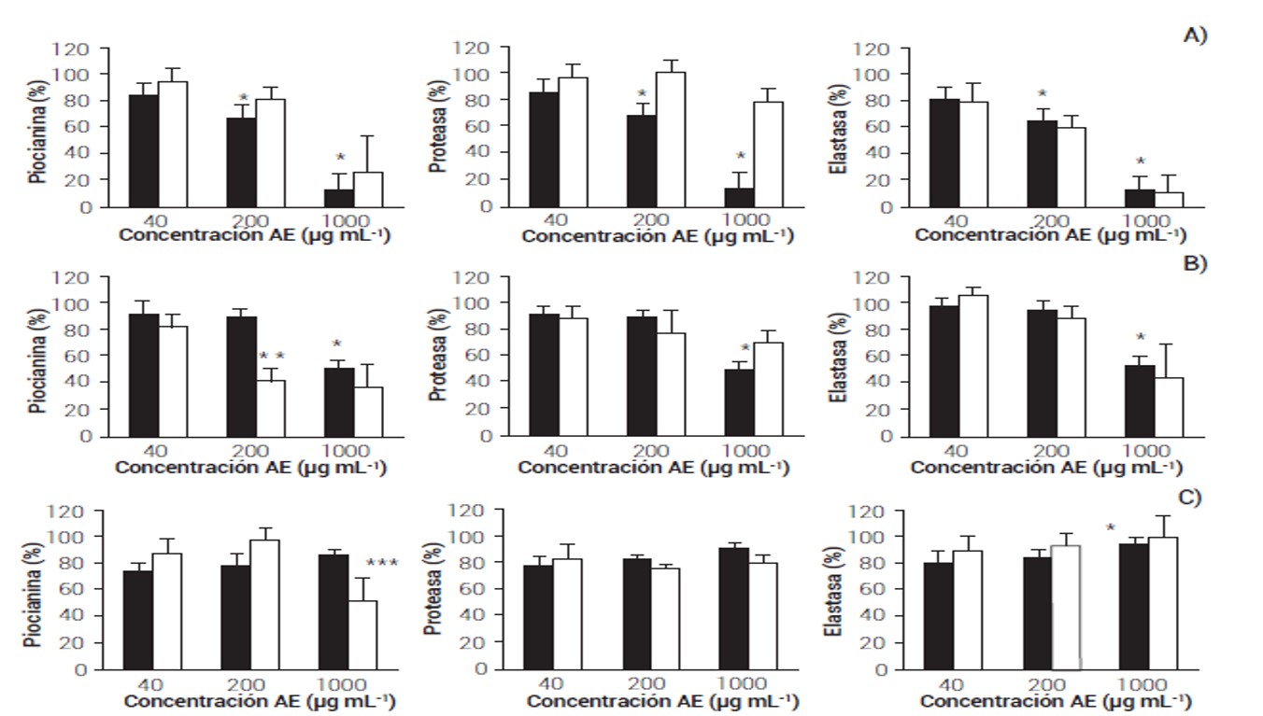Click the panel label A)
coord(1195,35)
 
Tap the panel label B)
coord(1195,264)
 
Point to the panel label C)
coord(1187,498)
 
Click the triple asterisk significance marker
coord(383,564)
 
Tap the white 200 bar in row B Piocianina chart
coord(272,408)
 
